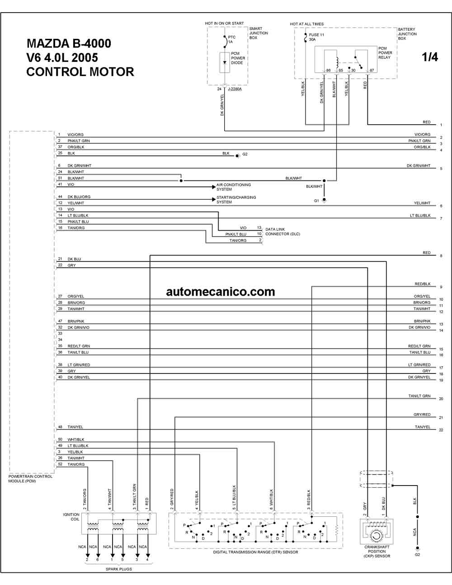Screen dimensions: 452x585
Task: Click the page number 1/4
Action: [x=430, y=57]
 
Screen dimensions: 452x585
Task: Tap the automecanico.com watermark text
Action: [x=221, y=292]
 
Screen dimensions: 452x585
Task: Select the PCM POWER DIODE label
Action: [x=238, y=58]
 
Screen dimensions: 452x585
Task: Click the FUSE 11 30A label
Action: [x=316, y=37]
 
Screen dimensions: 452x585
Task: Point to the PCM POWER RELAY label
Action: [x=385, y=53]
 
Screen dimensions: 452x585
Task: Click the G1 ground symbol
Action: [x=324, y=201]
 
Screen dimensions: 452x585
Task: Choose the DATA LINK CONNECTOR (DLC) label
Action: [x=282, y=231]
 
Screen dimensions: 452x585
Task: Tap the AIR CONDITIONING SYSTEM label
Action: [x=234, y=187]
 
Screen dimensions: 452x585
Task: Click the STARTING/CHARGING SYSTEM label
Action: [x=236, y=199]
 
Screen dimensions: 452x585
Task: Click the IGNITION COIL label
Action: [x=71, y=517]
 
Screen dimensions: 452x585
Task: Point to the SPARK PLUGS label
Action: [x=118, y=569]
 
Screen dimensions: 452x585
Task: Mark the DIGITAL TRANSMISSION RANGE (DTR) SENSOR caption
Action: [x=255, y=552]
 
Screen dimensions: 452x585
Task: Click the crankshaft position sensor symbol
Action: [x=377, y=531]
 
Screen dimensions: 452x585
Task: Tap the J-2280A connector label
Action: [x=235, y=89]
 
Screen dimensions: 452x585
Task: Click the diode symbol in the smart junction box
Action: [x=225, y=62]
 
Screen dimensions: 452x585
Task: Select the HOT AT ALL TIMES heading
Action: [x=307, y=24]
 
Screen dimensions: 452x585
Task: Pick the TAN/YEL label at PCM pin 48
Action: [x=75, y=427]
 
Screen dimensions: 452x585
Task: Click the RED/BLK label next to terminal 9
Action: [x=423, y=284]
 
